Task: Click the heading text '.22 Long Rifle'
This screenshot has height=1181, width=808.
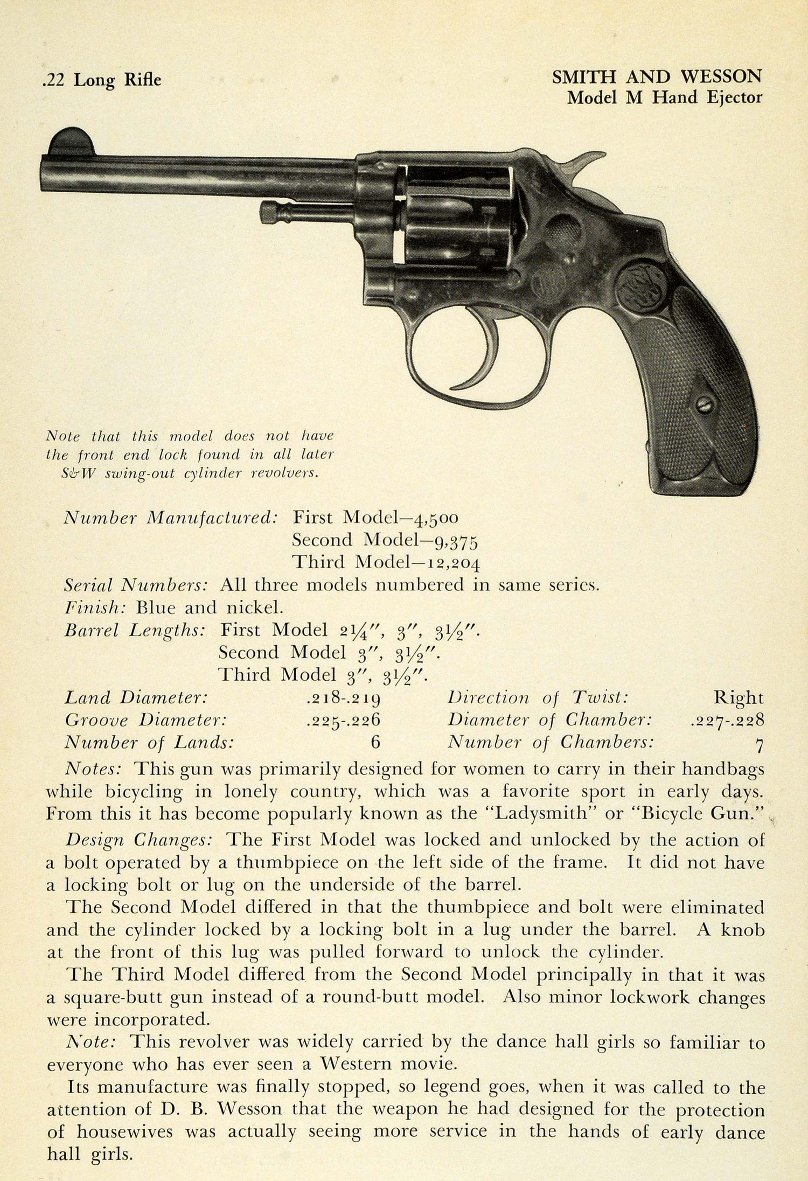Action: tap(101, 80)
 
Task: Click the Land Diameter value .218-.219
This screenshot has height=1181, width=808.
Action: tap(343, 698)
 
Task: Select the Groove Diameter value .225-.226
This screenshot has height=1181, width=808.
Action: tap(343, 721)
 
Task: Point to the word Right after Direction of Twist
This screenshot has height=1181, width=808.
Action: tap(739, 698)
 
